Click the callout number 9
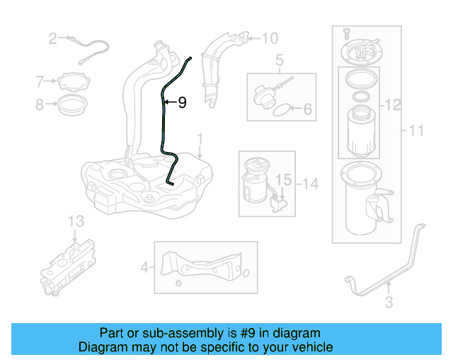(x=182, y=103)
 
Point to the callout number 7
(x=40, y=81)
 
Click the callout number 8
(x=40, y=105)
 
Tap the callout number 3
(x=388, y=304)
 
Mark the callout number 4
(x=144, y=267)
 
